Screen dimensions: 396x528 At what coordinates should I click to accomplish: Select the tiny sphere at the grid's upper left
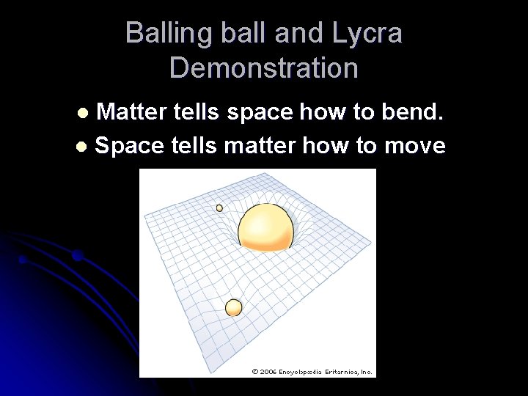[x=219, y=208]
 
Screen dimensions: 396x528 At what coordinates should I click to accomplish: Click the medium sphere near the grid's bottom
[x=233, y=307]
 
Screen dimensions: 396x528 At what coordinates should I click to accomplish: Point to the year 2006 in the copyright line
[x=268, y=372]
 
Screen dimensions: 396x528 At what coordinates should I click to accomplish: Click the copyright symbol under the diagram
[x=254, y=372]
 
